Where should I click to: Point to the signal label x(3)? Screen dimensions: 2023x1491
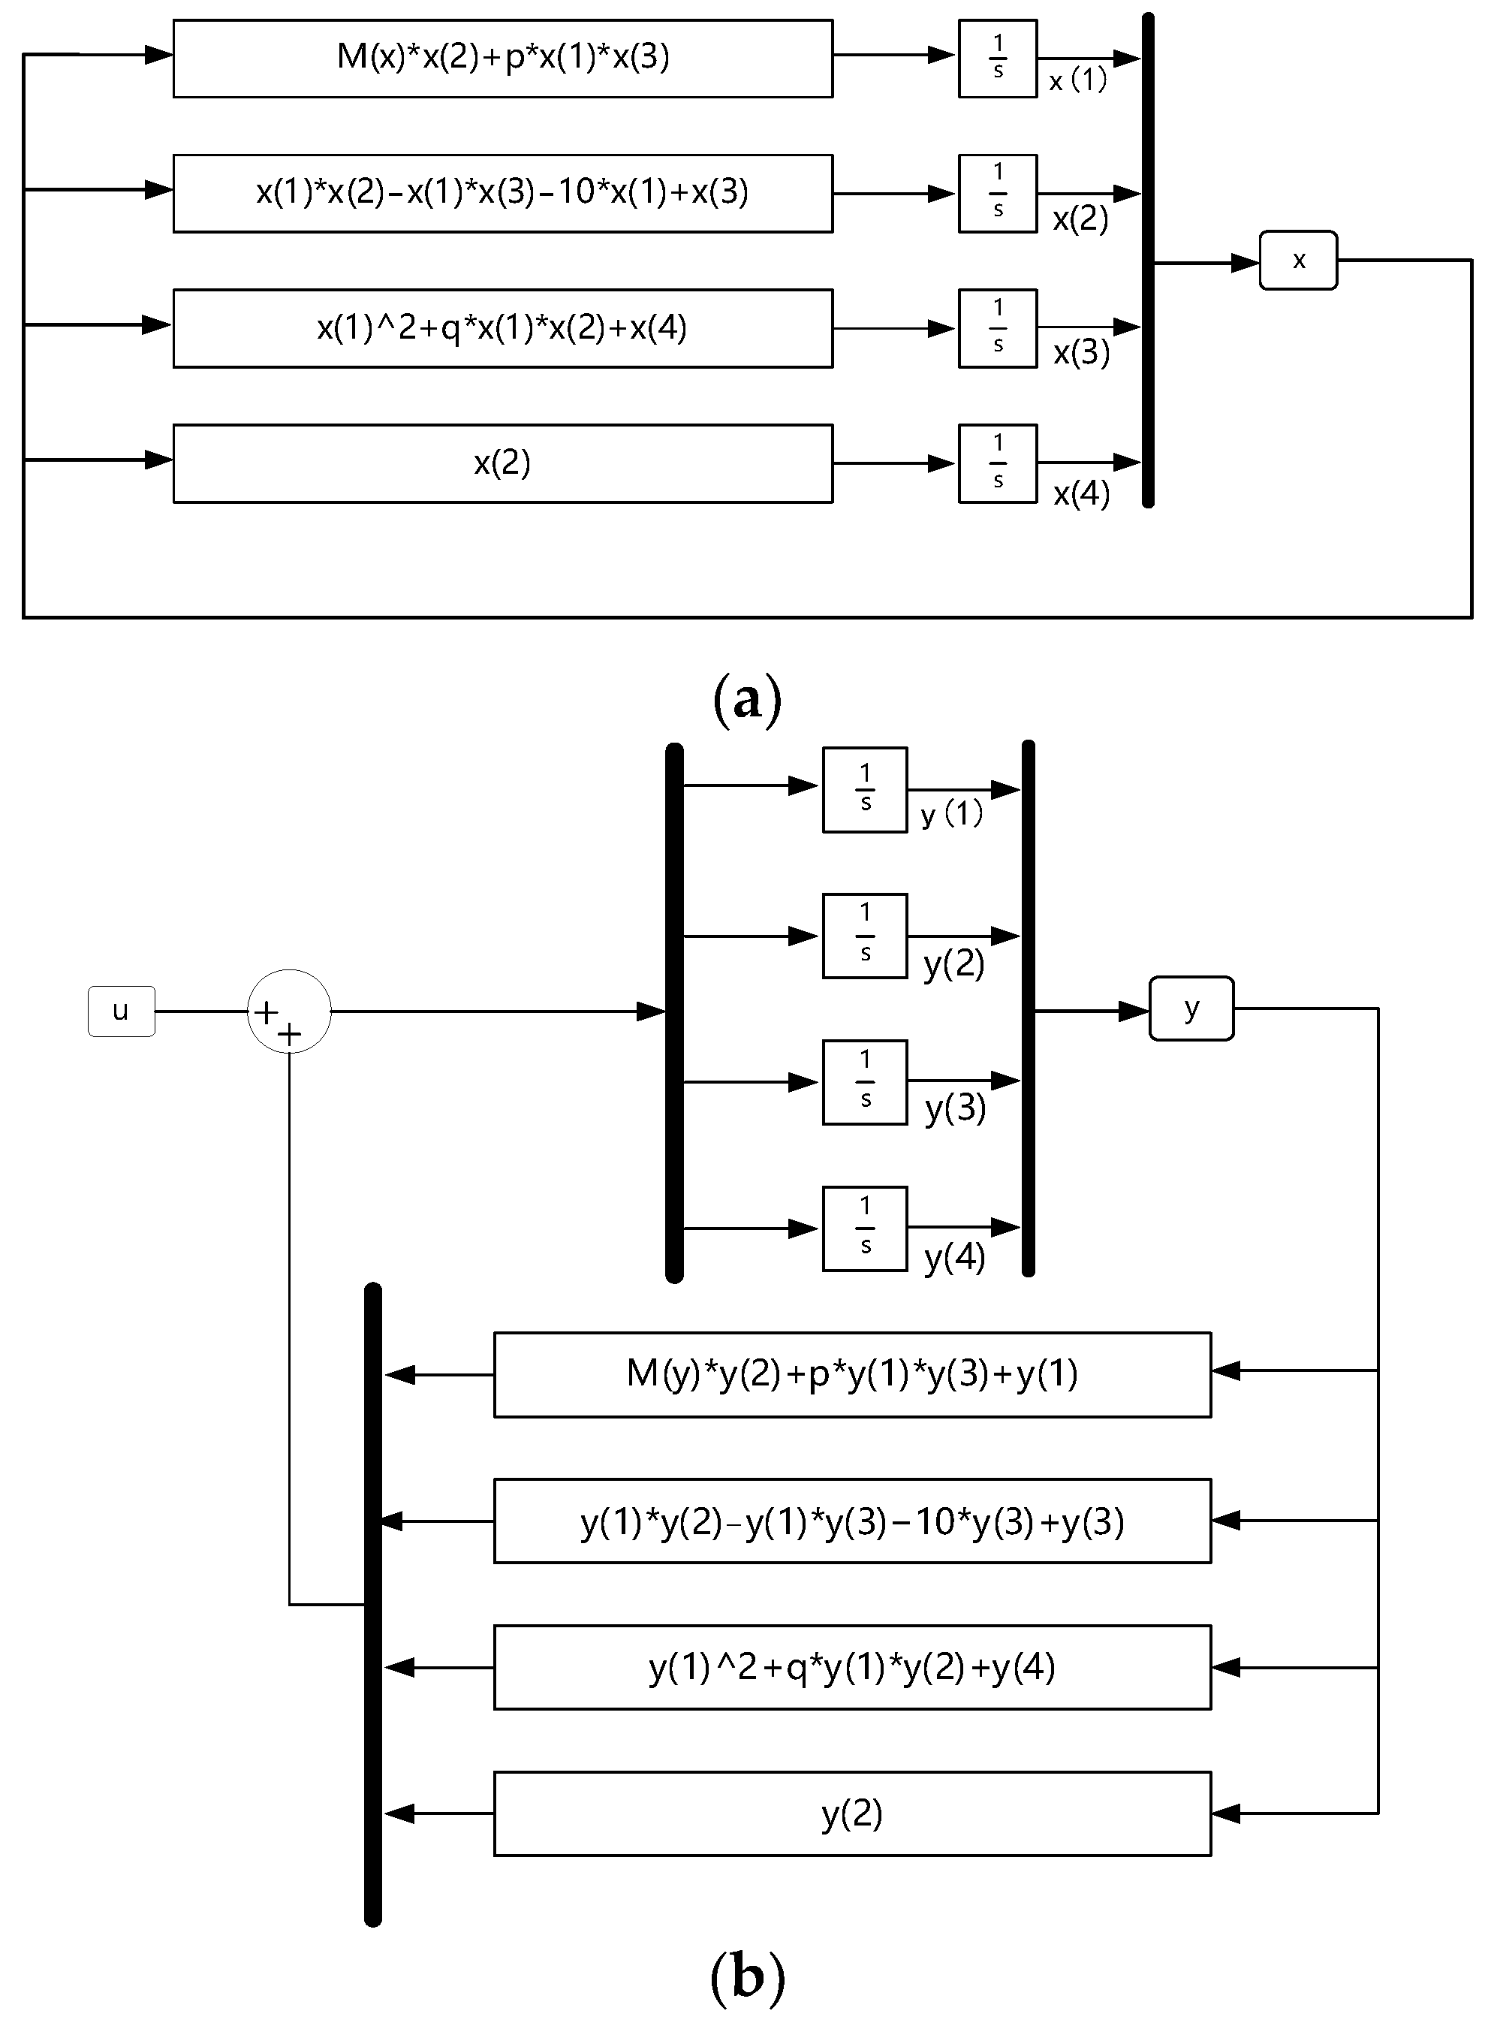1081,353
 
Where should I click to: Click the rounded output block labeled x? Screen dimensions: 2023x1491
1298,260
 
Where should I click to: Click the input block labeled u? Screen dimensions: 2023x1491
121,1011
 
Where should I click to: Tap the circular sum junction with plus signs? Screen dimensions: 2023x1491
289,1011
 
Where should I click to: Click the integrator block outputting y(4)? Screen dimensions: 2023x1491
865,1228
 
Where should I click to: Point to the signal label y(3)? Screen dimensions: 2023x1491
955,1108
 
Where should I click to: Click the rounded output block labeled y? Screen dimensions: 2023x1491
1191,1008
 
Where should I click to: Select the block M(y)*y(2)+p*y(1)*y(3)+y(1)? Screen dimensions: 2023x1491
852,1374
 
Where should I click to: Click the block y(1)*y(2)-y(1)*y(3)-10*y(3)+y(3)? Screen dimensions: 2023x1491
852,1521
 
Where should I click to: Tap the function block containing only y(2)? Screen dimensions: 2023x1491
852,1813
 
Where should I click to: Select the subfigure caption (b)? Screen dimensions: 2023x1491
747,1977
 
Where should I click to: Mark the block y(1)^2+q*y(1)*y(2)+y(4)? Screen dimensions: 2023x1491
852,1667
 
